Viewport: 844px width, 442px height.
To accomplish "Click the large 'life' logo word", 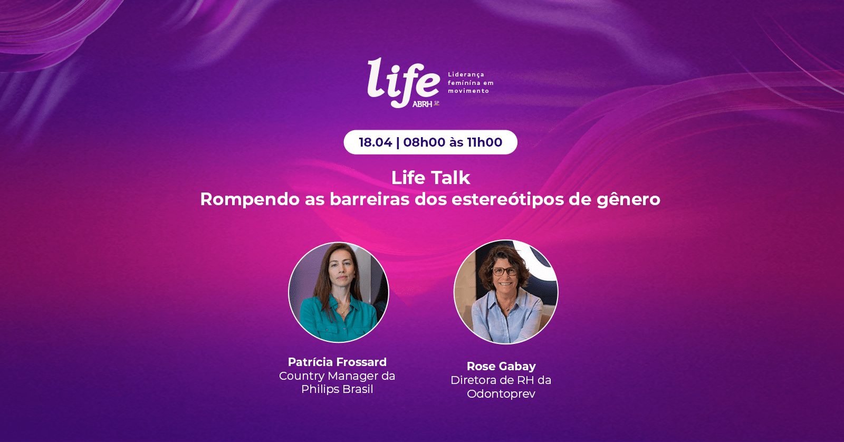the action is click(x=403, y=82).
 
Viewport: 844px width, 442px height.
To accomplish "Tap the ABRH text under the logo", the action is click(x=422, y=104).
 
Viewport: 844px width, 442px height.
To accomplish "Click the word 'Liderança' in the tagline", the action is click(x=466, y=74).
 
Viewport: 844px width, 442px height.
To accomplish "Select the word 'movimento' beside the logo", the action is click(x=468, y=91).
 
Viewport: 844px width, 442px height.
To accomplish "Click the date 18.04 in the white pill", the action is click(x=375, y=142).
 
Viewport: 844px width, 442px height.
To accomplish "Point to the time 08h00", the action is click(x=424, y=142).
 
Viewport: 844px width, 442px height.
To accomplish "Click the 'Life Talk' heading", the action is click(x=430, y=178).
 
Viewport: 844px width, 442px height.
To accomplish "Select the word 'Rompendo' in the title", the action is click(x=250, y=200).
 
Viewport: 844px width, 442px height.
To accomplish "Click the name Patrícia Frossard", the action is click(x=337, y=362).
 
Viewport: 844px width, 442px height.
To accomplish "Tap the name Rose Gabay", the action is click(x=501, y=366).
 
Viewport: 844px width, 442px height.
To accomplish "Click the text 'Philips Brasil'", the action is click(x=337, y=389).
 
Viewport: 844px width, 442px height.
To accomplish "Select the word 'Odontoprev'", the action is click(x=501, y=394).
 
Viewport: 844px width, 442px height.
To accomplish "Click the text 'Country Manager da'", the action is click(x=337, y=376).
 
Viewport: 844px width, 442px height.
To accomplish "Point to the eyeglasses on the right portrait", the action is click(x=505, y=271).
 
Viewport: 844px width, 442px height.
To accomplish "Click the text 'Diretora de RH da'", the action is click(x=501, y=380).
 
